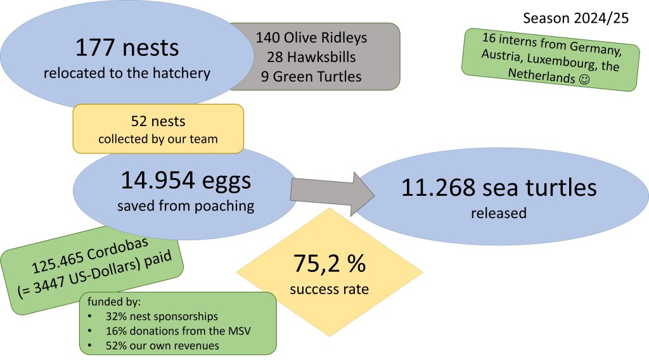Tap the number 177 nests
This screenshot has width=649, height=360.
[x=127, y=48]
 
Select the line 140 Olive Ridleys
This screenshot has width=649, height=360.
[x=311, y=37]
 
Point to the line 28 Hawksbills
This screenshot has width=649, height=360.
[x=311, y=57]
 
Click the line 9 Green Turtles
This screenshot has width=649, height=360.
[x=311, y=77]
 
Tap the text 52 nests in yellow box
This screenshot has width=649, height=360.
[x=158, y=120]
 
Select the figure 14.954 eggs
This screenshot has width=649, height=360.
[x=186, y=181]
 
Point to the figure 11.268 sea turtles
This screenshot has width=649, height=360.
[x=498, y=188]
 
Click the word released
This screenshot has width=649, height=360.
[x=498, y=213]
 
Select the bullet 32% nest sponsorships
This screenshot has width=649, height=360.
[x=155, y=315]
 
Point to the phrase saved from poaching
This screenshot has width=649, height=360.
[x=186, y=207]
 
